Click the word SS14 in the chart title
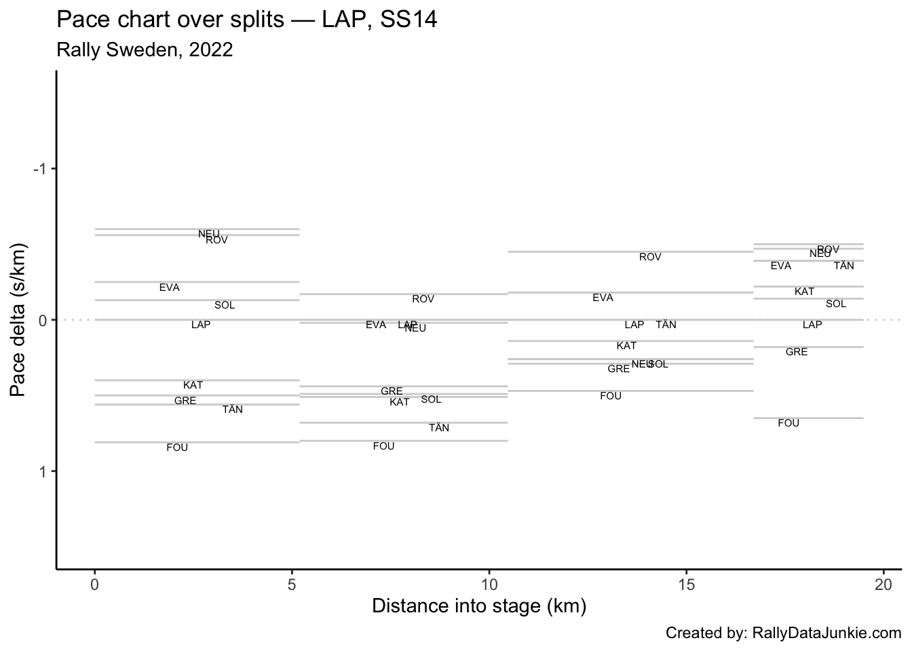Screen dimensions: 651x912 (408, 20)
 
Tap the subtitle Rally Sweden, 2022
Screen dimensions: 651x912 (145, 50)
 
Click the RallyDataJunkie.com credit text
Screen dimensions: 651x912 (783, 633)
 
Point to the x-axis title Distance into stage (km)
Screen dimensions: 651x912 (478, 606)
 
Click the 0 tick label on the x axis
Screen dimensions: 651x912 (95, 584)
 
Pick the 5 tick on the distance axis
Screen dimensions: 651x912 (292, 584)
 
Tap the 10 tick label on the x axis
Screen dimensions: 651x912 (489, 584)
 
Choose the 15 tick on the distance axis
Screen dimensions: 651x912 (686, 584)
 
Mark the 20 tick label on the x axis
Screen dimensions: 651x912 (883, 584)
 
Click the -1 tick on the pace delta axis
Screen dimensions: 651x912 (39, 169)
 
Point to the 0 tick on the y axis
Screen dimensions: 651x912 (42, 320)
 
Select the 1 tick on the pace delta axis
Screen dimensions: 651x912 (42, 471)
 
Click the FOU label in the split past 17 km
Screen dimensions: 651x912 (788, 423)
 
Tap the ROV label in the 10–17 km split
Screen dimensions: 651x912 (650, 257)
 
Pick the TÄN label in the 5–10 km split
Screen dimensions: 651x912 (439, 428)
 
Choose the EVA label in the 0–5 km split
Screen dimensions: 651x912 (170, 288)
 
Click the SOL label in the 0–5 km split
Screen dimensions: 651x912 (225, 305)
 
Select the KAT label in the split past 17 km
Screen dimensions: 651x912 (804, 292)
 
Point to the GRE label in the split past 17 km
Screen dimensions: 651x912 (797, 352)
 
